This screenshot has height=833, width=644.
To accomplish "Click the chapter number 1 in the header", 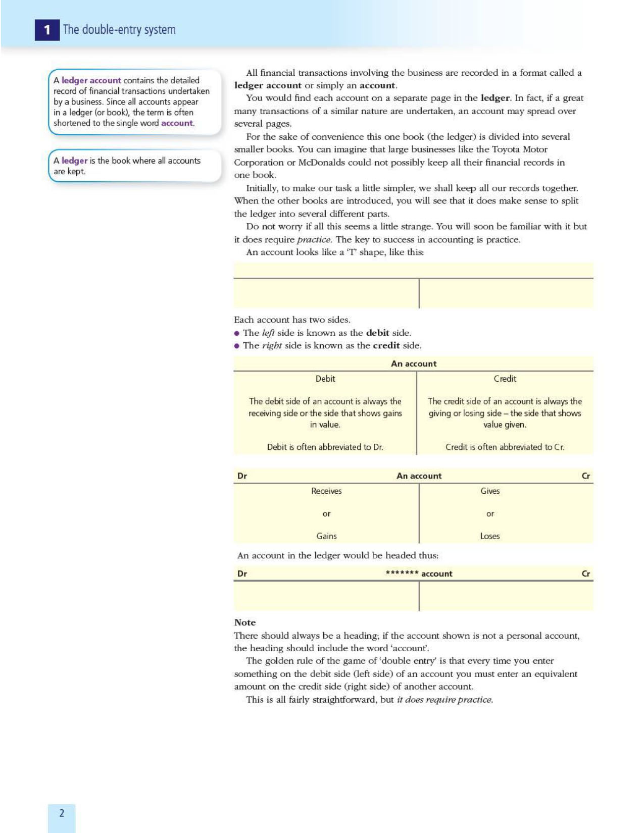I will [x=47, y=30].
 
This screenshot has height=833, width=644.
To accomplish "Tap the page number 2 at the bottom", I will [x=62, y=813].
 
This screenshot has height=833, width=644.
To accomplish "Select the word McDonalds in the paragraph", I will [x=320, y=163].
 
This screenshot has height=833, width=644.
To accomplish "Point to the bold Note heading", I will [x=245, y=622].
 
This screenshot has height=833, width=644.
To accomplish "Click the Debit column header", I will [x=325, y=379].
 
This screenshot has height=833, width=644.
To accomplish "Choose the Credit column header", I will [x=505, y=379].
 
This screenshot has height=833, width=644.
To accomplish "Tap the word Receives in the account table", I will [x=326, y=491].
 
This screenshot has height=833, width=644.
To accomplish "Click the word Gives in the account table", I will [x=490, y=491].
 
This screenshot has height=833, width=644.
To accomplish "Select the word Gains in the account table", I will [x=326, y=536].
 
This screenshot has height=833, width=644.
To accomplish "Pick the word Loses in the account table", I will [x=490, y=536].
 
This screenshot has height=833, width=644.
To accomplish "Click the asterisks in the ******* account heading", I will [x=402, y=573].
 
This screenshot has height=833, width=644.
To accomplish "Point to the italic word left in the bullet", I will [x=268, y=333].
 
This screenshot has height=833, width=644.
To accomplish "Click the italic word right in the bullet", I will [x=272, y=346].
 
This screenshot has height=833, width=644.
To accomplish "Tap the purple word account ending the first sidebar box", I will [x=177, y=123].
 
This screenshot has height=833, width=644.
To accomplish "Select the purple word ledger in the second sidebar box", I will [x=75, y=161].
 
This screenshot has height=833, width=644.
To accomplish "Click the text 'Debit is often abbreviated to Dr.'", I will [x=325, y=447].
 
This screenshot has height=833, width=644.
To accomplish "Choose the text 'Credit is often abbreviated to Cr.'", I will [x=505, y=447].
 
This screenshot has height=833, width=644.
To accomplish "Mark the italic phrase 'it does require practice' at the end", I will [x=444, y=700].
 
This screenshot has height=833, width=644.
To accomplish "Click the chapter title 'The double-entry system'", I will [x=119, y=30].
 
